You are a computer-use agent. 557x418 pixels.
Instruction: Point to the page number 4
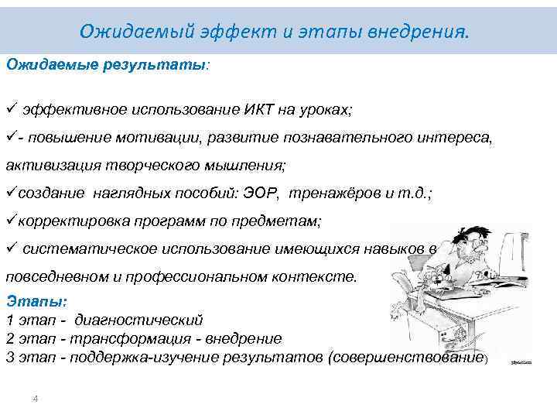[x=35, y=398]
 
